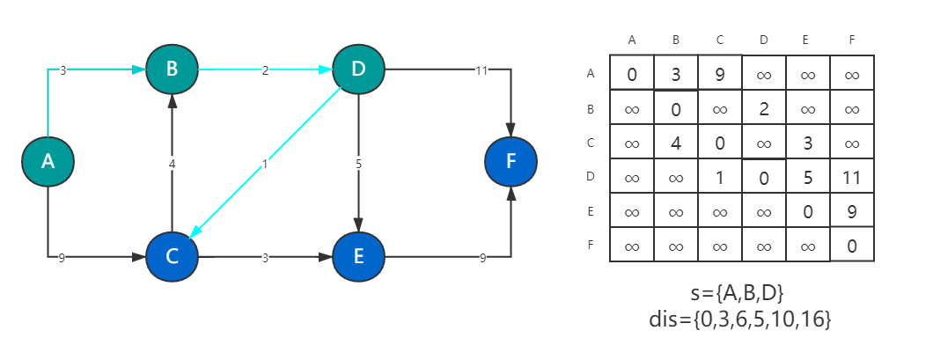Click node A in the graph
[48, 160]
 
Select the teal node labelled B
[172, 69]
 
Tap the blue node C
[172, 257]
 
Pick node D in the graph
[358, 69]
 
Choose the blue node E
[358, 257]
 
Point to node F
[511, 162]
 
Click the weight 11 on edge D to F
[481, 70]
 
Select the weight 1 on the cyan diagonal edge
[265, 163]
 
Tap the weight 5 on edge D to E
[358, 163]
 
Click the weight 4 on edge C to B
[172, 163]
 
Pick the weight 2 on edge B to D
[265, 70]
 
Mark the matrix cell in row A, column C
[719, 74]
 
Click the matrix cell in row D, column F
[851, 177]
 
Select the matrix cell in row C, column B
[675, 143]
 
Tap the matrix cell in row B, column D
[763, 108]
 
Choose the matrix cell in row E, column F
[851, 211]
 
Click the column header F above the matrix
[851, 40]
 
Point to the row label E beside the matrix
[590, 211]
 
